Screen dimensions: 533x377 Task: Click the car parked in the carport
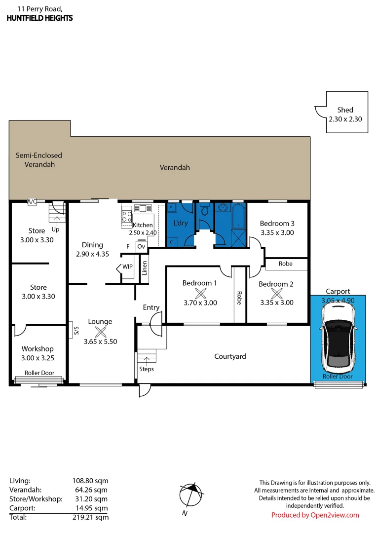pos(338,338)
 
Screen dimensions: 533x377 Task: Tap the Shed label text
pos(345,110)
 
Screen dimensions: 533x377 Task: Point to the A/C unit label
pos(32,201)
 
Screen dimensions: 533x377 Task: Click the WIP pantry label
pos(128,267)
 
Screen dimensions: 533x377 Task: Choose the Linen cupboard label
pos(145,268)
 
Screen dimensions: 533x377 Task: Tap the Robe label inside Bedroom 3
pos(285,264)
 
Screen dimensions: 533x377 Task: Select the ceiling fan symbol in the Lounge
pos(100,332)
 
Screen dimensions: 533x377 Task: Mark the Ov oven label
pos(141,246)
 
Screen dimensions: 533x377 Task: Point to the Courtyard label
pos(230,356)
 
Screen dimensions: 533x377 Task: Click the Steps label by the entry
pos(147,369)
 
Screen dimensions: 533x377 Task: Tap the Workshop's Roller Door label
pos(39,373)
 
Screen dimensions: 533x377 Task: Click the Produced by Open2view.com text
pos(315,515)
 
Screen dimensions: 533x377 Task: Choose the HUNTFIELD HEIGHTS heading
pos(39,18)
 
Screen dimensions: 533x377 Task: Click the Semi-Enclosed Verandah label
pos(38,160)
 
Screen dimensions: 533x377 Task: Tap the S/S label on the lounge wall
pos(76,330)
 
